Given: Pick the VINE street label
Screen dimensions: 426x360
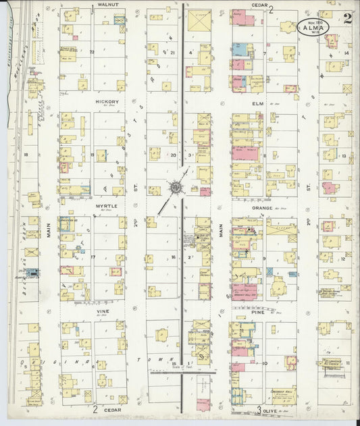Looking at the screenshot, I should coord(103,311).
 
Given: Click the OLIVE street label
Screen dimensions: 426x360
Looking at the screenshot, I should coord(272,410).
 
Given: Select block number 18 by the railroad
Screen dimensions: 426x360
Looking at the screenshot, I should coord(26,155).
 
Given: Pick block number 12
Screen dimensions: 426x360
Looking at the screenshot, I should coord(344,259).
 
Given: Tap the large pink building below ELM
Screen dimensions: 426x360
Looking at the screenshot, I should coord(245,153).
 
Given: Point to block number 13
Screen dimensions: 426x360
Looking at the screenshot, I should coord(344,155).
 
